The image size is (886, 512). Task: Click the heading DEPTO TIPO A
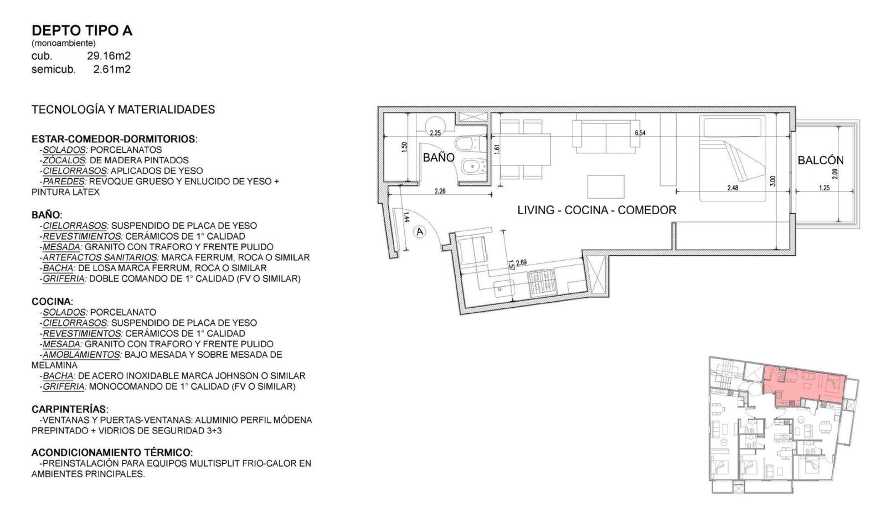[82, 30]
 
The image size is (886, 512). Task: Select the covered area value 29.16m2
[109, 56]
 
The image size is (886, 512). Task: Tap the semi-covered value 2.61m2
[112, 70]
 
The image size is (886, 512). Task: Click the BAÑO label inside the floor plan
[439, 157]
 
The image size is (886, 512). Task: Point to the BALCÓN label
[820, 160]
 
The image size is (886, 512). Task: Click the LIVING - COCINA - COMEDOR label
[597, 210]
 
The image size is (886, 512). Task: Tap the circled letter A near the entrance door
[420, 232]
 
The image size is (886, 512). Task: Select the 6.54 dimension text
[640, 133]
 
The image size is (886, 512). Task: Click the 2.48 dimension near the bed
[733, 188]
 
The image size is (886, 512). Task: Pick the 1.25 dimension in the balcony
[825, 188]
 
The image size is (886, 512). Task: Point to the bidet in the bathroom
[473, 168]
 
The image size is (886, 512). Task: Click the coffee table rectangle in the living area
[606, 187]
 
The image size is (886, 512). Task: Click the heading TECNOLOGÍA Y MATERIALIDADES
[123, 110]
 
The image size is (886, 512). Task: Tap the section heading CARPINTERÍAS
[70, 409]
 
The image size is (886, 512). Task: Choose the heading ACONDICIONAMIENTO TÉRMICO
[112, 452]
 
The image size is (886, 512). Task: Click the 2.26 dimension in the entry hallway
[440, 191]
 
